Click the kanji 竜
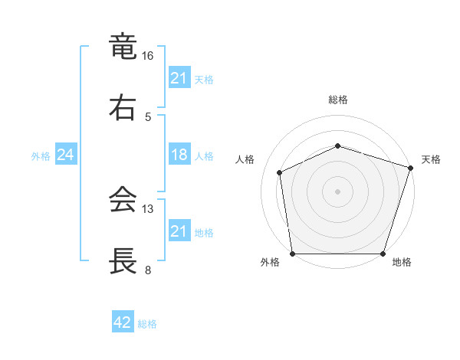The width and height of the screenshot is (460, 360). (x=123, y=47)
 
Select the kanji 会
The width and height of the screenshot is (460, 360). (x=123, y=200)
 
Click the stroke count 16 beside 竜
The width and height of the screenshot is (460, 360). (x=148, y=56)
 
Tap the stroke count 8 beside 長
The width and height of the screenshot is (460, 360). (x=148, y=270)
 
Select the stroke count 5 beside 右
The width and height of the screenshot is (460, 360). (x=148, y=116)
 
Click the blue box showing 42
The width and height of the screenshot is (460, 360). (x=123, y=322)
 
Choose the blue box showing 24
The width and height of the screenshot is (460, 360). (x=66, y=155)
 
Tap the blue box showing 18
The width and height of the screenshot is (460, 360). (x=179, y=155)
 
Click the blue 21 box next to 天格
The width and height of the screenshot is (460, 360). (x=179, y=78)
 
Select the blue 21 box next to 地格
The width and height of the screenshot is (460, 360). (x=179, y=231)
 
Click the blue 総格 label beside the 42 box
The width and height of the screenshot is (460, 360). (x=147, y=324)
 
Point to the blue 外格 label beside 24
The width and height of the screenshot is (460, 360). (x=41, y=156)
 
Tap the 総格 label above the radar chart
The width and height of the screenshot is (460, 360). (x=338, y=100)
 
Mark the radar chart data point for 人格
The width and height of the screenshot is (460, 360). (x=280, y=172)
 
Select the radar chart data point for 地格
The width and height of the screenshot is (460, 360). (x=383, y=254)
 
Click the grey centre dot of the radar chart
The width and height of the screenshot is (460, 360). (x=338, y=191)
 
